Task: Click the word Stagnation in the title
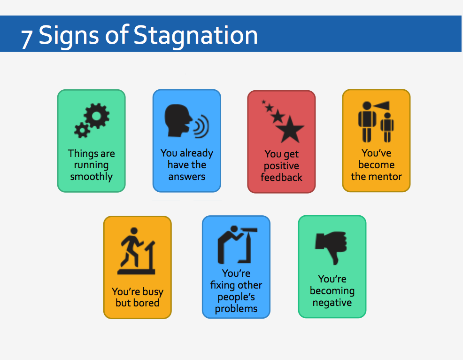pyautogui.click(x=196, y=35)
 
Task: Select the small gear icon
pyautogui.click(x=82, y=130)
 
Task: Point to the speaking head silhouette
pyautogui.click(x=177, y=120)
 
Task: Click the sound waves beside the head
pyautogui.click(x=201, y=126)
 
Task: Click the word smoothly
pyautogui.click(x=92, y=177)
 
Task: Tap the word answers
pyautogui.click(x=187, y=177)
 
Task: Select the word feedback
pyautogui.click(x=282, y=178)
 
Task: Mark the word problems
pyautogui.click(x=236, y=309)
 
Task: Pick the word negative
pyautogui.click(x=332, y=303)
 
